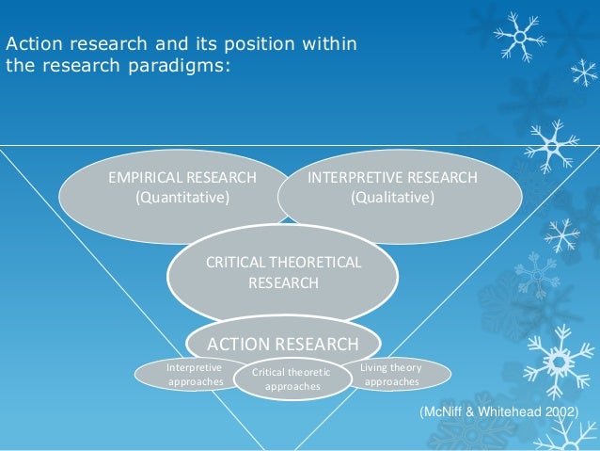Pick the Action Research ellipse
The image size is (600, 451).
point(283,344)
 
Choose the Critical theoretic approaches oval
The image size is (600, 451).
point(292,379)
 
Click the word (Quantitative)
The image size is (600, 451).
point(182,198)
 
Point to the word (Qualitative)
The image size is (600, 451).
point(392,198)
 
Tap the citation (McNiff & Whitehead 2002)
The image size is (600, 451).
point(497,413)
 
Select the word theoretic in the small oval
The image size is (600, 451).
point(308,372)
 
